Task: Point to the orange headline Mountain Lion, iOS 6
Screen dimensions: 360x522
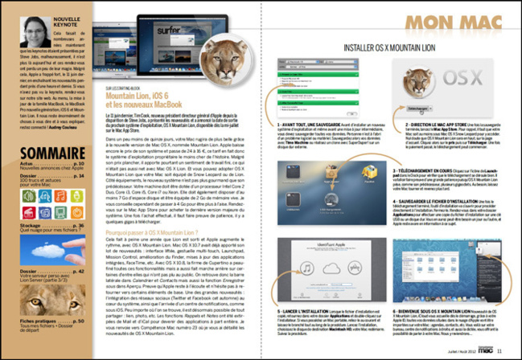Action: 141,96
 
